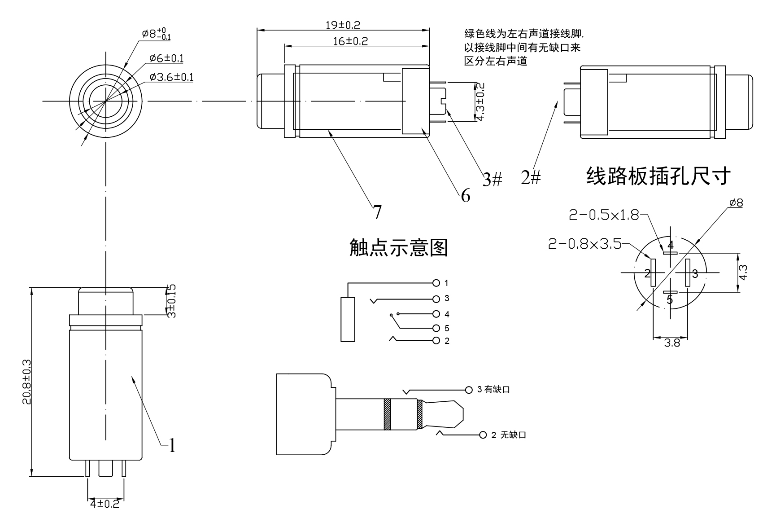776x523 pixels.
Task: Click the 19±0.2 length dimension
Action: coord(343,25)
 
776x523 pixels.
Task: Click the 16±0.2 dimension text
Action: coord(350,41)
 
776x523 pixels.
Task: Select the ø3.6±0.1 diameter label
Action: coord(172,77)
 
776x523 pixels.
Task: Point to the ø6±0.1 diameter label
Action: coord(166,58)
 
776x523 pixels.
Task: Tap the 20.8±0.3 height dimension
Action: coord(27,382)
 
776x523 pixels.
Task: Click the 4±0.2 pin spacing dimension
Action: coord(105,504)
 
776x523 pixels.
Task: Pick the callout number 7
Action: coord(377,212)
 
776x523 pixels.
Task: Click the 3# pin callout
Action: coord(492,180)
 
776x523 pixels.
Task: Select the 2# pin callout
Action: coord(531,178)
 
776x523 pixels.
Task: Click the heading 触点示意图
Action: coord(399,247)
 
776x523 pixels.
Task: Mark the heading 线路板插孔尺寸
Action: coord(658,176)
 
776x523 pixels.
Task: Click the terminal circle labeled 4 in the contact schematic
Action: coord(436,314)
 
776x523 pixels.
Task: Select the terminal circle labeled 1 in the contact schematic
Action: coord(436,283)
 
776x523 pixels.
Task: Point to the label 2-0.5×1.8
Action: coord(604,215)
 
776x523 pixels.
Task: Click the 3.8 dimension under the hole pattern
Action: coord(671,343)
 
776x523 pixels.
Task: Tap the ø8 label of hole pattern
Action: coord(736,203)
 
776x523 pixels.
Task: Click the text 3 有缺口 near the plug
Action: coord(493,389)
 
